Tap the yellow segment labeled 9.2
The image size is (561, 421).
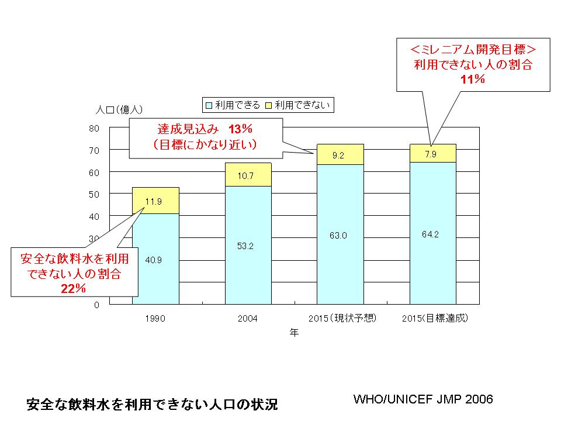(x=340, y=154)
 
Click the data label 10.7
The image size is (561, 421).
(x=248, y=175)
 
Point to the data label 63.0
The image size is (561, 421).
(x=340, y=236)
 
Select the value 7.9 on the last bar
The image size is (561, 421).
(x=432, y=154)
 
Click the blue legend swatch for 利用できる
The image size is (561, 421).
(x=209, y=105)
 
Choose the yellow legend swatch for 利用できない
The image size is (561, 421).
(x=269, y=105)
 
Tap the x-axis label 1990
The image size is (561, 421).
(x=155, y=319)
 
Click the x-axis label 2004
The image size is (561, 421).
(x=248, y=319)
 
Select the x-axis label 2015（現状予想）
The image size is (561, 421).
(x=340, y=319)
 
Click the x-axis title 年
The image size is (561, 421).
(x=295, y=333)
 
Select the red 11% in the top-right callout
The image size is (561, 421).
(x=473, y=79)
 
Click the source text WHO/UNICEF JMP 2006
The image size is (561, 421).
(x=423, y=399)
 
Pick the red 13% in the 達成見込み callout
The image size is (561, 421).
(x=241, y=129)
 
